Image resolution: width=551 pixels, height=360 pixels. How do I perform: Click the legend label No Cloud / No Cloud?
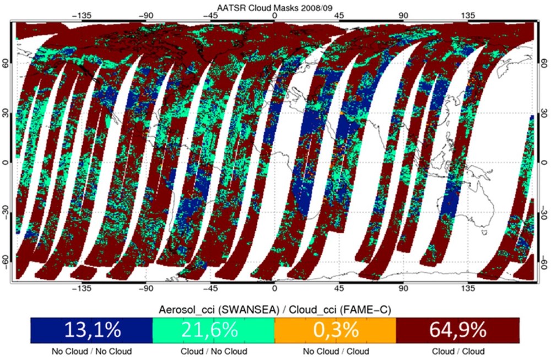(91, 351)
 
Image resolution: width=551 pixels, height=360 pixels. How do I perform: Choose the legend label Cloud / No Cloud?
(213, 351)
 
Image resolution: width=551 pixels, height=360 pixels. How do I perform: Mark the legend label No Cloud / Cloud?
(335, 351)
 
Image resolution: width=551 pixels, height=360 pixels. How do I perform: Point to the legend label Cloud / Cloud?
(457, 351)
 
